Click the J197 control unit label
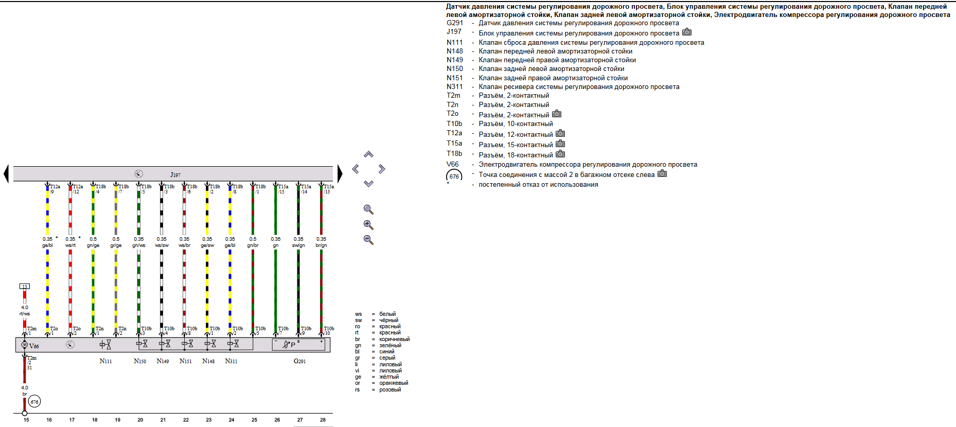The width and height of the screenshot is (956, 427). (175, 175)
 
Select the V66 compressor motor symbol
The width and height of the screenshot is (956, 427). (24, 345)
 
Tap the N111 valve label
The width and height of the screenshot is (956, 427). (105, 361)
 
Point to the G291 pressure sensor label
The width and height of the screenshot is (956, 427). (299, 361)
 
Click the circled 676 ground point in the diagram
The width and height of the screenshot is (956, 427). (34, 402)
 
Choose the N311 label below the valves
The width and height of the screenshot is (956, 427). (231, 361)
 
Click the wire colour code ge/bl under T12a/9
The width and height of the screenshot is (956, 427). (47, 245)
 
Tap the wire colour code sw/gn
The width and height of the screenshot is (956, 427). (298, 245)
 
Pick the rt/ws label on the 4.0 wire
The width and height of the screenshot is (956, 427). (25, 314)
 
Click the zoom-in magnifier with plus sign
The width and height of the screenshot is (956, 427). (368, 225)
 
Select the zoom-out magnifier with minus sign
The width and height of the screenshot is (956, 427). (368, 240)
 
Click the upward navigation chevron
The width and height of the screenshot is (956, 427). (368, 154)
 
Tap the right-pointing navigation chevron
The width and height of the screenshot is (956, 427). (382, 169)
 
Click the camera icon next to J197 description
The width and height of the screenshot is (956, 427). (687, 32)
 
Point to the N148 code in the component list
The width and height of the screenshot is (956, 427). (455, 51)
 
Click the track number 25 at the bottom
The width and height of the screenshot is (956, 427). (254, 420)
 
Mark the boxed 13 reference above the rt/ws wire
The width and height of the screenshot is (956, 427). (24, 287)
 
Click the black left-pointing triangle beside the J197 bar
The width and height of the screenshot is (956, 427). (6, 173)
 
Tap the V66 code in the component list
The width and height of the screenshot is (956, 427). (453, 165)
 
